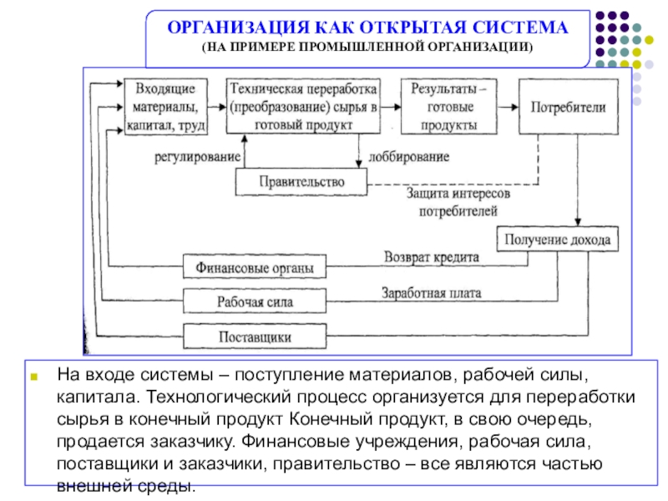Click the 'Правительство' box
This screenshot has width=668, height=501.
point(301,182)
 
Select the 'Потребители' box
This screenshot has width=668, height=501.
point(569,107)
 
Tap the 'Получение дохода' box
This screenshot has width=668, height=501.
point(557,239)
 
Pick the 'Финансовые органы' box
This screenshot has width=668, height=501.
point(255,266)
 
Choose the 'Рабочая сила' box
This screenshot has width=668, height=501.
point(255,301)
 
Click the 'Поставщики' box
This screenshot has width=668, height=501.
point(255,337)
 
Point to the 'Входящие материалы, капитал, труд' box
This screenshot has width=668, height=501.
point(165,107)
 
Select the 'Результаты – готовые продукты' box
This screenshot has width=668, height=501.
point(449,107)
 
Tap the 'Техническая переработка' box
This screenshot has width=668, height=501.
point(303,106)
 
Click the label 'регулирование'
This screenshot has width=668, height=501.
point(197,157)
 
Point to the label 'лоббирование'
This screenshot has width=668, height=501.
point(408,157)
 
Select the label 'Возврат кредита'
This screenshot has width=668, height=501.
point(432,257)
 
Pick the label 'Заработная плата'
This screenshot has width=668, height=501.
point(431,293)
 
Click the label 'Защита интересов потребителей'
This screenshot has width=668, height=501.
point(458,202)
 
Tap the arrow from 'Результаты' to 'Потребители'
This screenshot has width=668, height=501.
point(508,107)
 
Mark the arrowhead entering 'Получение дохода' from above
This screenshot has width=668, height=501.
point(578,222)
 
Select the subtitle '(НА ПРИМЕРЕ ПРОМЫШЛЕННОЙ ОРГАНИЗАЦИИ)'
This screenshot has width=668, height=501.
point(367,47)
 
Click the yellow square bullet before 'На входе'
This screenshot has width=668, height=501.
point(34,377)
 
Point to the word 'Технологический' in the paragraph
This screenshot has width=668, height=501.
point(220,397)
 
